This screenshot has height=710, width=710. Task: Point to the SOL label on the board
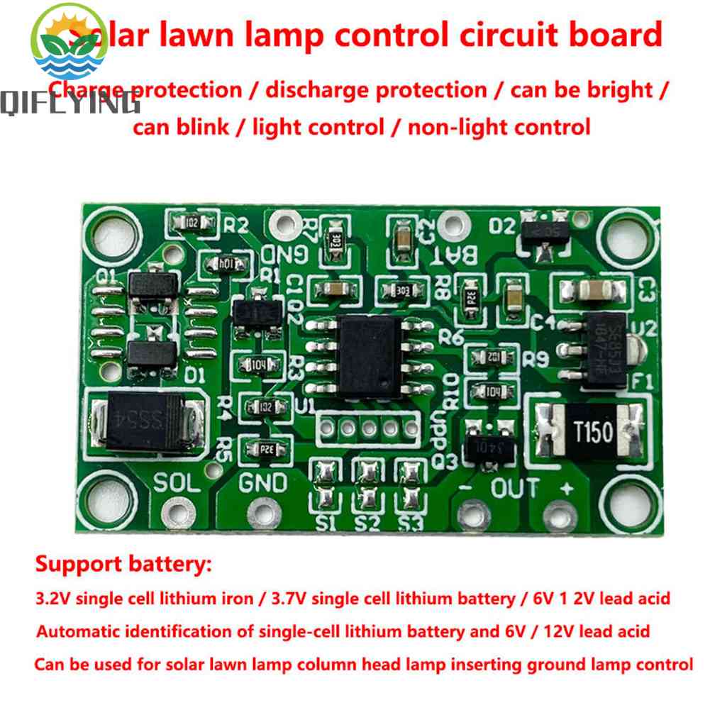(x=174, y=483)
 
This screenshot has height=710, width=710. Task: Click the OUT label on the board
(x=515, y=487)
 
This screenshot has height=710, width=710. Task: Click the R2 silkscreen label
(x=236, y=226)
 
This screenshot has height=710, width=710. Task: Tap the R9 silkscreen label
(x=536, y=360)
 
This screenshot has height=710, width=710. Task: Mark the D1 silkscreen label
(x=194, y=374)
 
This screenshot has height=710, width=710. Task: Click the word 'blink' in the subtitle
(x=204, y=127)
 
